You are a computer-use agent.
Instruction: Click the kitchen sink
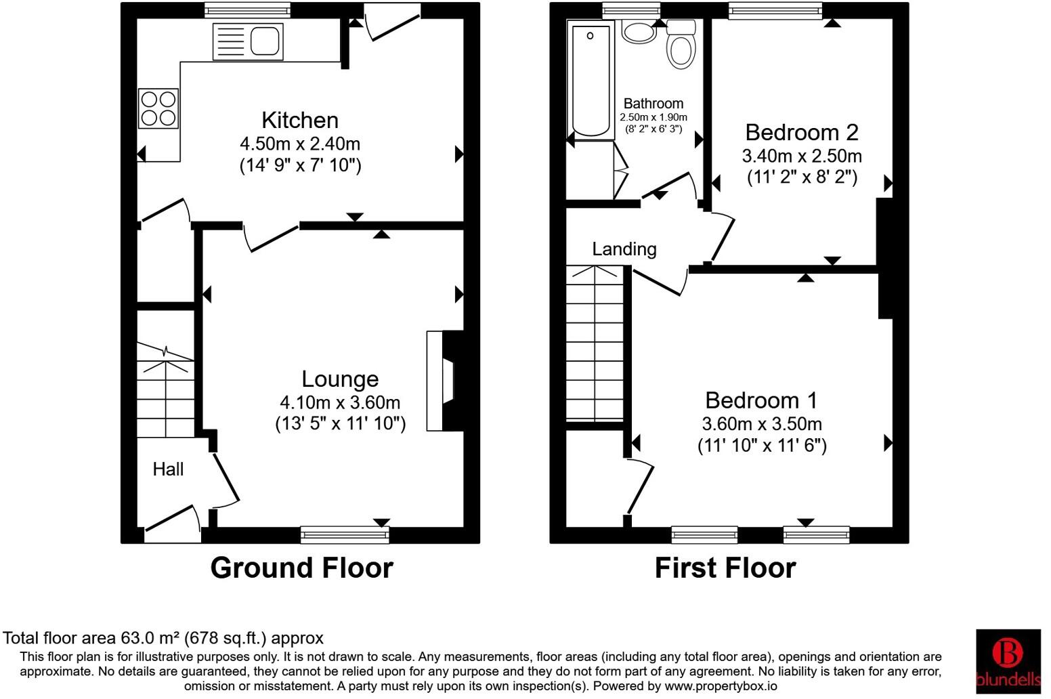coord(248,41)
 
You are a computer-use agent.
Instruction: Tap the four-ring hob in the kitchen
coord(158,108)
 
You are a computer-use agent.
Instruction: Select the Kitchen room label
coord(300,121)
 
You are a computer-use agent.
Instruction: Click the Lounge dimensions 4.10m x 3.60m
coord(340,402)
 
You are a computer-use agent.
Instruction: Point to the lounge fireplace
coord(443,381)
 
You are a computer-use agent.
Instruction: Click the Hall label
coord(168,469)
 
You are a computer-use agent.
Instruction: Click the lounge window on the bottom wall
coord(345,535)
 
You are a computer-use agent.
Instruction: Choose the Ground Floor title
coord(301,568)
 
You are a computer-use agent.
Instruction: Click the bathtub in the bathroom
coord(590,80)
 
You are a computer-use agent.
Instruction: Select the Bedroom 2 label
coord(802,132)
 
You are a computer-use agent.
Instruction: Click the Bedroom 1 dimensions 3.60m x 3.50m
coord(762,424)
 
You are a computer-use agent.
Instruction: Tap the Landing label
coord(624,249)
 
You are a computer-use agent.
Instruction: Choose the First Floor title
coord(725,568)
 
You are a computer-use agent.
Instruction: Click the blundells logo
coord(1008,660)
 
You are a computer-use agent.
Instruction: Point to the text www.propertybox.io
coord(725,686)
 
